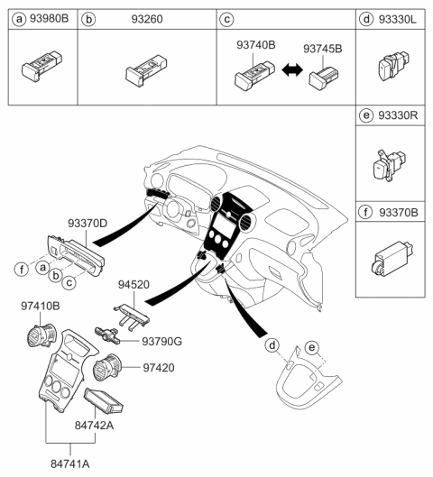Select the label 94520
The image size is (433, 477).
(x=135, y=284)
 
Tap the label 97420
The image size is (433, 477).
(x=160, y=368)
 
